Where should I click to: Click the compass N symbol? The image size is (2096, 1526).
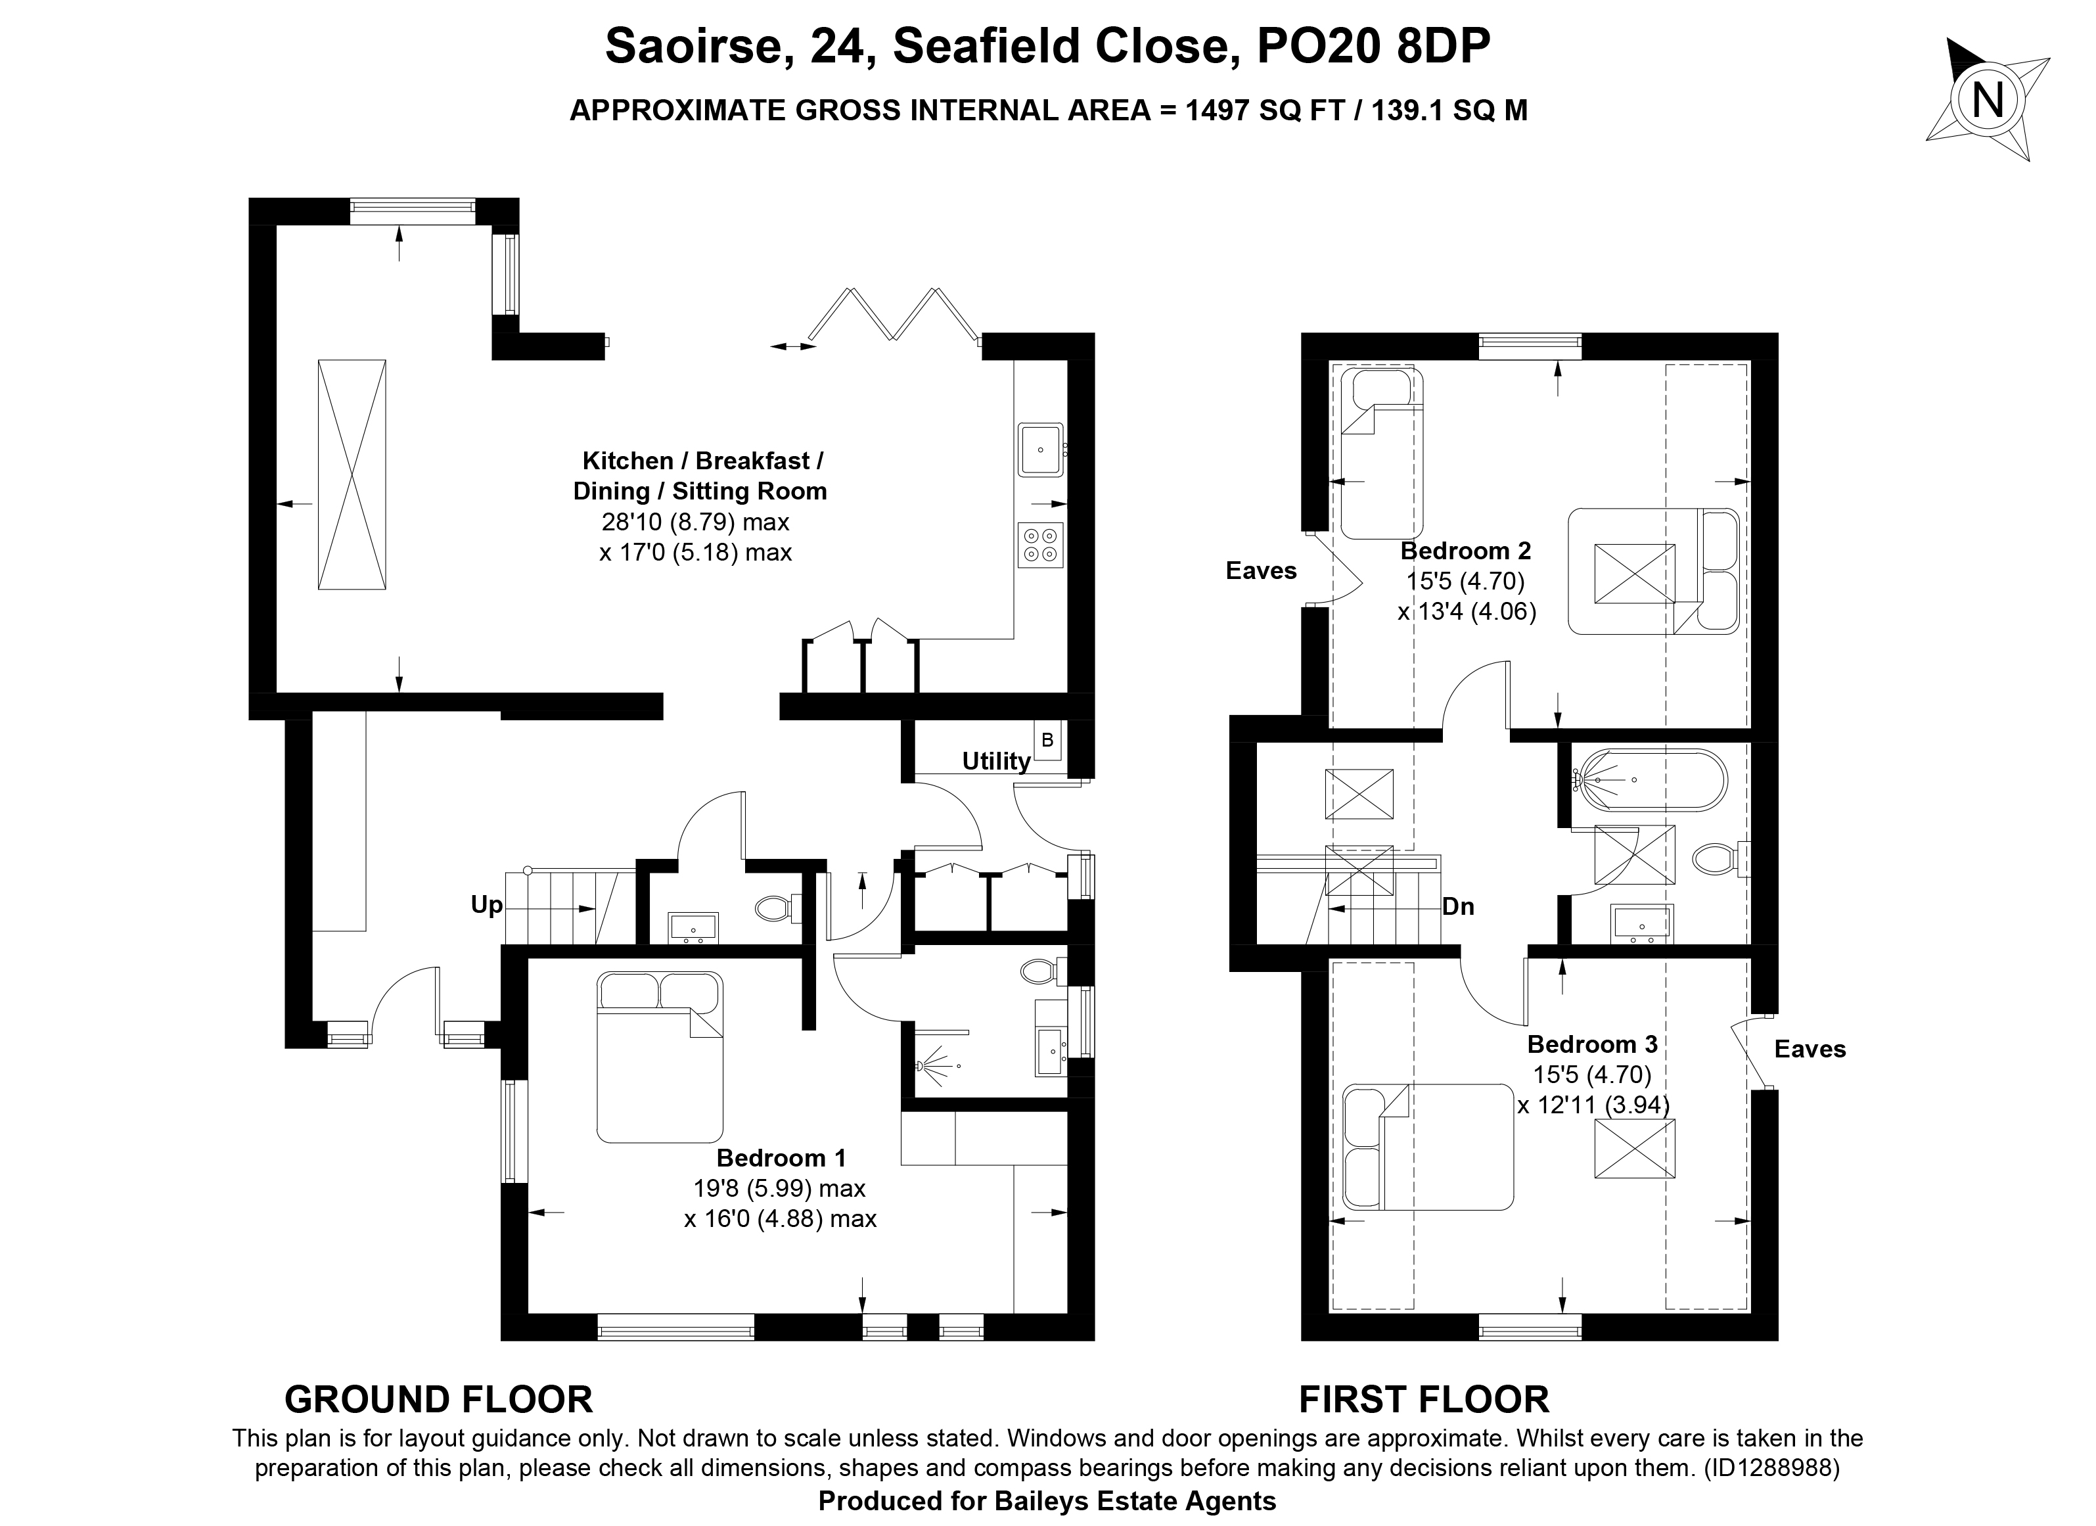click(1987, 100)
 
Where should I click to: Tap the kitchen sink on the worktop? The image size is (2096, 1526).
click(1041, 450)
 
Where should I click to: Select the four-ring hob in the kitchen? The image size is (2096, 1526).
click(1041, 544)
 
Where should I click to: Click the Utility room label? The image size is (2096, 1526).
click(995, 762)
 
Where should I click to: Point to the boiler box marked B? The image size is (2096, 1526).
click(1047, 741)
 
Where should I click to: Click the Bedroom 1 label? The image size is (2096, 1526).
click(781, 1157)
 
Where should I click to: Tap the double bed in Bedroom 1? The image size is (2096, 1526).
click(659, 1057)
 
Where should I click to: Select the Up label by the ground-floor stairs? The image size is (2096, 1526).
click(486, 905)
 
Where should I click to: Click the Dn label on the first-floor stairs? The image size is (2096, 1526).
click(1457, 907)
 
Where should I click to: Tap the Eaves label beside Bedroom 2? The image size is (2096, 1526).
click(1261, 571)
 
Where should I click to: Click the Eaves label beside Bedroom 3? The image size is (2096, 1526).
click(1810, 1049)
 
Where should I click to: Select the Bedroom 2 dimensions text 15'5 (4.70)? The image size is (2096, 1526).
click(1466, 582)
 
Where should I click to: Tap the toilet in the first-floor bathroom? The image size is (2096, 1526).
click(1721, 858)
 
